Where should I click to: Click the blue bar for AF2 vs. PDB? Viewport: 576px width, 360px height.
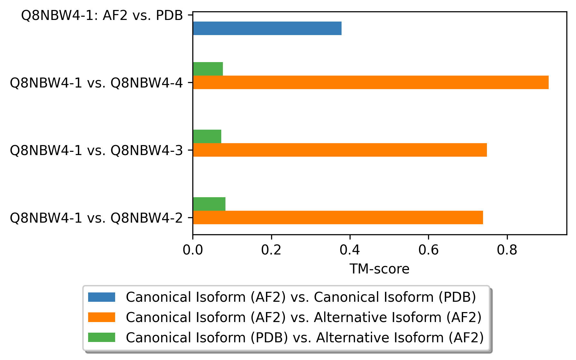pos(267,28)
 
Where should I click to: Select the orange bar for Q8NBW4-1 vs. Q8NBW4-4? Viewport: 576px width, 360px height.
pos(370,82)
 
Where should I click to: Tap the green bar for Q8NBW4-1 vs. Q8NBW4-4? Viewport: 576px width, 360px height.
pos(208,69)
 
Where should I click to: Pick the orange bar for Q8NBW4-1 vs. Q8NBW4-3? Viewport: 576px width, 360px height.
pos(340,150)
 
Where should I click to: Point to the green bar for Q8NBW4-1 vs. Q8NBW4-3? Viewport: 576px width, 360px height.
pos(207,136)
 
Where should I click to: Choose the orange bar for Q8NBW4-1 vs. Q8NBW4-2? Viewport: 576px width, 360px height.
pos(338,217)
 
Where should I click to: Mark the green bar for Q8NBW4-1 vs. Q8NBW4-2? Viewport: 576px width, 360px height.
pos(209,204)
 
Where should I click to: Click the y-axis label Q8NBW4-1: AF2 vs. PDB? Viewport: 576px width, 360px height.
pos(102,15)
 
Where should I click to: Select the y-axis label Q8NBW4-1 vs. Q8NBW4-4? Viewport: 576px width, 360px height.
pos(96,83)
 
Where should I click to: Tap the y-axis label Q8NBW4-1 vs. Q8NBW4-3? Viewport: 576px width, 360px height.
pos(96,150)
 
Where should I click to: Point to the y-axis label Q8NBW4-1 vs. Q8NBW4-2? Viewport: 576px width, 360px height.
pos(96,218)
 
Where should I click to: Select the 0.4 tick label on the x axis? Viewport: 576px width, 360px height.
pos(350,250)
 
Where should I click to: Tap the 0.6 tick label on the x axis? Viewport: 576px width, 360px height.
pos(428,250)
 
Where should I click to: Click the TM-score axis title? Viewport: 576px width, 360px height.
pos(379,269)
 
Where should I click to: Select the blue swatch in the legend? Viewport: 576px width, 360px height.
pos(102,297)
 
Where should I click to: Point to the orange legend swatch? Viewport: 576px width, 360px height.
pos(102,317)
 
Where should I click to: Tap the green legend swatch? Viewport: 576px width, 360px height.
pos(102,337)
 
